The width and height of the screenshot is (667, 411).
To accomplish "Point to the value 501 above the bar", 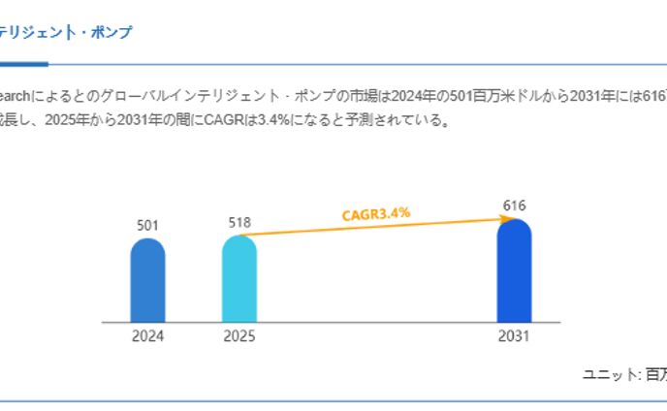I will (147, 226).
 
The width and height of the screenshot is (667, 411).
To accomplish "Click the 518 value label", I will (239, 222).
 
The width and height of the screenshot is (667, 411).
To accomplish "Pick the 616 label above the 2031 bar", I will (514, 205).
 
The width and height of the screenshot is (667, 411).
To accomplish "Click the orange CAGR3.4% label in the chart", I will (376, 213).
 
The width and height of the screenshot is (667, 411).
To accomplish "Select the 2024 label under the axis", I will (147, 337).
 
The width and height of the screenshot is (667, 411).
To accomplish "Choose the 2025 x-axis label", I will (239, 337).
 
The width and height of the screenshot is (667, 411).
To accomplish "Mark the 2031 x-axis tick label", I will (514, 337).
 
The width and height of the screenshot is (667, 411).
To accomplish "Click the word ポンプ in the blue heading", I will (113, 33).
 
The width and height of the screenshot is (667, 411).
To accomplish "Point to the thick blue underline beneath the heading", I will (23, 64).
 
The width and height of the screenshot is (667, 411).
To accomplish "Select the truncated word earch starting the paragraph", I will (16, 96).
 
